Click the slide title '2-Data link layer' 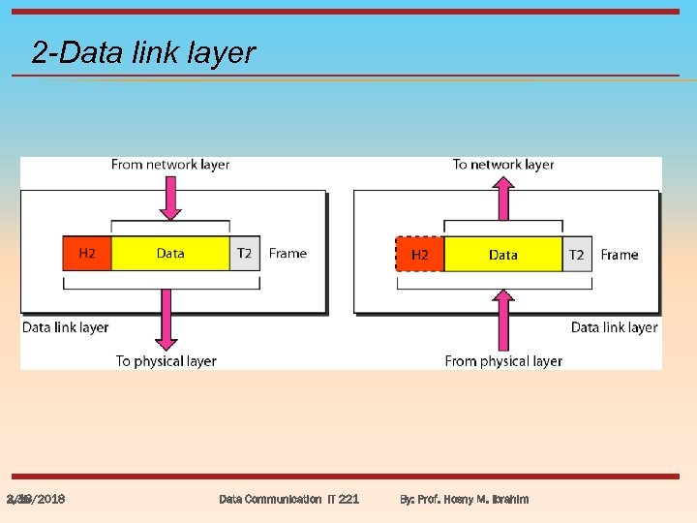(x=143, y=52)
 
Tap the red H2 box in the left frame (x=87, y=254)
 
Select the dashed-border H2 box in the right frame (x=419, y=255)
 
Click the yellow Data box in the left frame (x=170, y=254)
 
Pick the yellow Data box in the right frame (x=502, y=255)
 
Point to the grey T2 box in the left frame (x=244, y=254)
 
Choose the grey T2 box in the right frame (x=577, y=255)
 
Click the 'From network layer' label (x=170, y=165)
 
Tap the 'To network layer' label (x=503, y=165)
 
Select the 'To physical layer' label (x=167, y=361)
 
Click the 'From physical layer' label (x=503, y=361)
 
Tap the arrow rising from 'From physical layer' (x=503, y=320)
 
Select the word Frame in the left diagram (x=288, y=254)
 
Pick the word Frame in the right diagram (x=620, y=255)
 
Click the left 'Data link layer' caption (x=66, y=327)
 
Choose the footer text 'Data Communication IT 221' (x=288, y=499)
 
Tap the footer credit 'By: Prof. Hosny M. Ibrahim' (x=465, y=499)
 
